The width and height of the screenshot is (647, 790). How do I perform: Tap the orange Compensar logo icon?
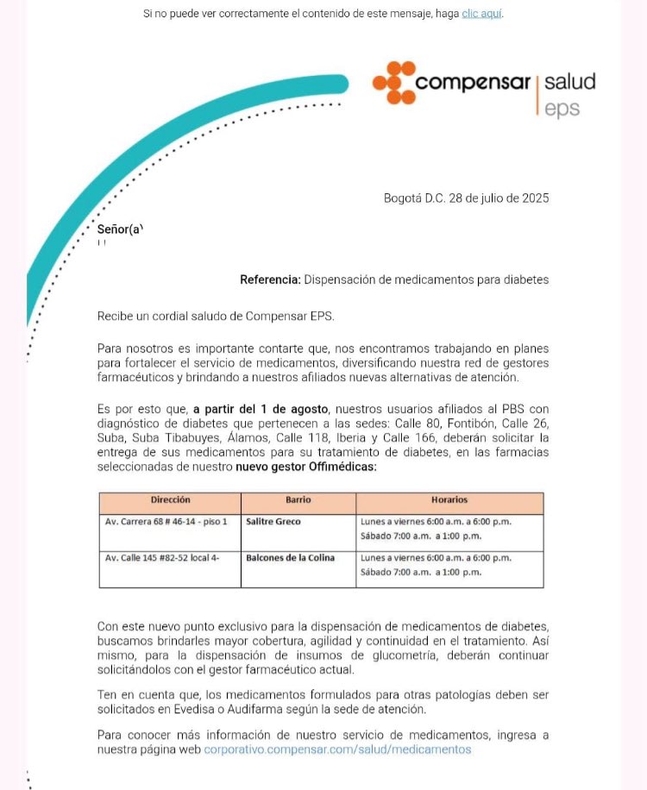pos(394,83)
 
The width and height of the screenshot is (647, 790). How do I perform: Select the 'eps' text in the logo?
pos(562,109)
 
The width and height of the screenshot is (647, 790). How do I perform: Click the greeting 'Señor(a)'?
pos(120,229)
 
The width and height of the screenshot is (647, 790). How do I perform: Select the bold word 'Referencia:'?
pos(270,280)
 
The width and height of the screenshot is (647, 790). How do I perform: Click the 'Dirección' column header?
pos(170,500)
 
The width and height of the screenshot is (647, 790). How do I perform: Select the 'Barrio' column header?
pos(298,500)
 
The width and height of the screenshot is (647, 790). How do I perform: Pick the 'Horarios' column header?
pos(449,500)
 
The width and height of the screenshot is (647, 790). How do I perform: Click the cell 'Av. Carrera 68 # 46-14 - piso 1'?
pos(166,522)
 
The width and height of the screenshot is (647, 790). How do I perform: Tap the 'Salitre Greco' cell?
pos(273,522)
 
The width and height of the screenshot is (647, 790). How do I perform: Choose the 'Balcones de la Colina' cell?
pos(290,558)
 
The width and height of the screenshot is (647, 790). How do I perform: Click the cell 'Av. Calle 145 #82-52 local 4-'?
pos(162,558)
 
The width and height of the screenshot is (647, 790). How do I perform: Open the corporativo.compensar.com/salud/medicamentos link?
pos(337,749)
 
